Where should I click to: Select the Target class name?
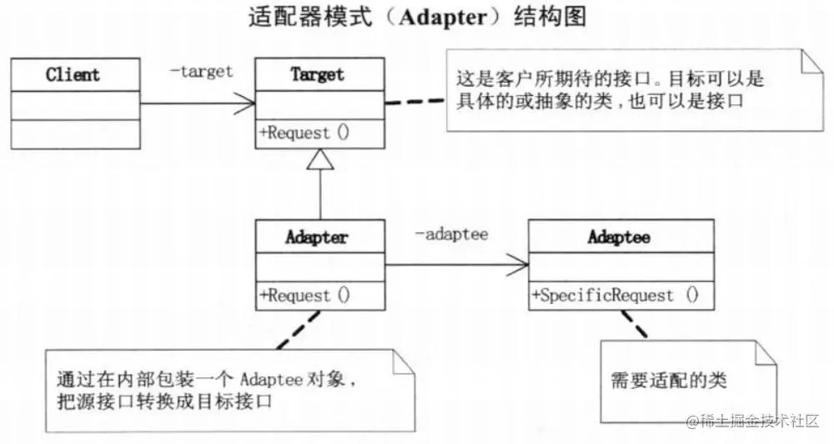(318, 74)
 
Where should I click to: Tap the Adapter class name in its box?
(318, 237)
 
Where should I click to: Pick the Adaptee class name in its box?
(619, 237)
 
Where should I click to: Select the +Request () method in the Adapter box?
(305, 295)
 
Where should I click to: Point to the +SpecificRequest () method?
(615, 295)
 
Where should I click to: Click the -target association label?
(201, 71)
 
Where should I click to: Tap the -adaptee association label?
(451, 235)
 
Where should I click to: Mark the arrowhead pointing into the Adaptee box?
(518, 266)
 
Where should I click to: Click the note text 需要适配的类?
(669, 381)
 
